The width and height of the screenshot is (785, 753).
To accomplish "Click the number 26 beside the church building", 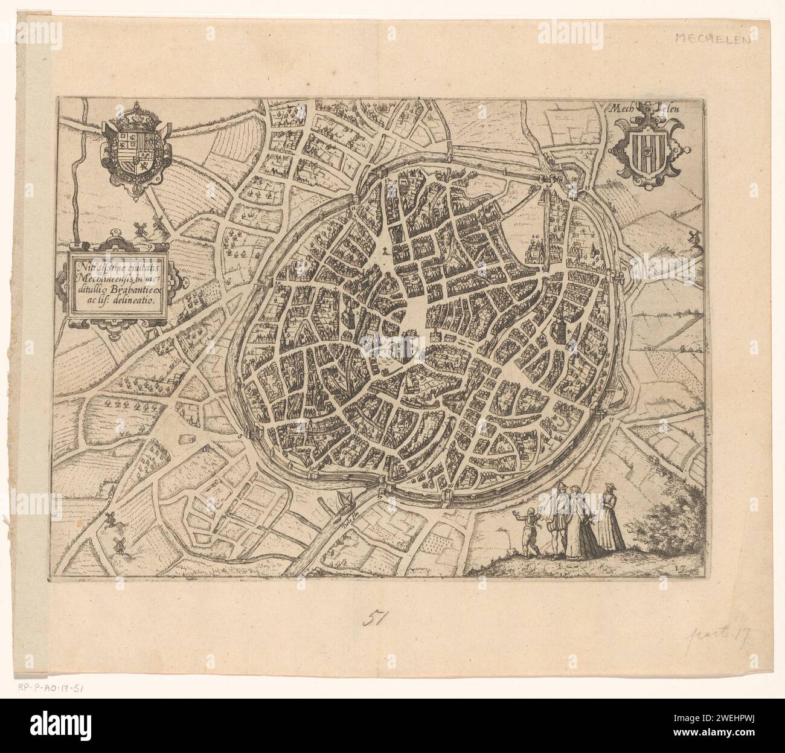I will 534,236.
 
